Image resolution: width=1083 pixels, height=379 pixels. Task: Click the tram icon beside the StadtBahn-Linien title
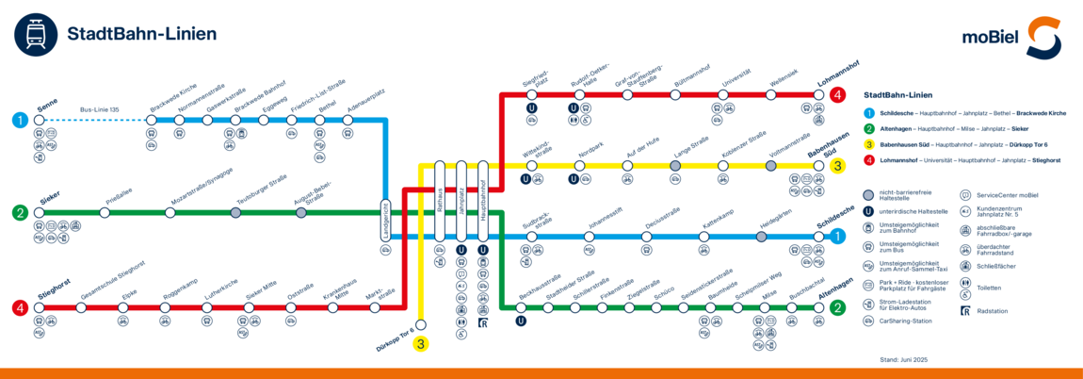[34, 35]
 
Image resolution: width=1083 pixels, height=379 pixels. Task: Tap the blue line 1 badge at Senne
[20, 120]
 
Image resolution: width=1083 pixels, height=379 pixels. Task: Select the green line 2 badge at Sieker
[20, 213]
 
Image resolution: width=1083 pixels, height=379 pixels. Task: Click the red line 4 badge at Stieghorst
[20, 307]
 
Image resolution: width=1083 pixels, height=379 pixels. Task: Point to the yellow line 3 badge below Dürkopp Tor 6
[421, 344]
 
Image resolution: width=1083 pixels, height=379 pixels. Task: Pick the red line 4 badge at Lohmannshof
[837, 94]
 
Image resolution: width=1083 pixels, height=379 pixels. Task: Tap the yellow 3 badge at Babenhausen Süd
[837, 166]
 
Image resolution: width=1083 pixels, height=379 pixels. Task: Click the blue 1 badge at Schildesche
[837, 236]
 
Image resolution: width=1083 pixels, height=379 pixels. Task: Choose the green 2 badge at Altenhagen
[837, 306]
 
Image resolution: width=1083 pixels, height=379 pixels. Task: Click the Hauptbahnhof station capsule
[483, 201]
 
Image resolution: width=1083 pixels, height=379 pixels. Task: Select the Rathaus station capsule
[439, 201]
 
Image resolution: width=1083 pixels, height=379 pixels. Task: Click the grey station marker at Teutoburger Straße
[235, 213]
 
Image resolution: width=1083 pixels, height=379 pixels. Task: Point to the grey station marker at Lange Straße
[675, 166]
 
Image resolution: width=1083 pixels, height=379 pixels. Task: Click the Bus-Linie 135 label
[99, 110]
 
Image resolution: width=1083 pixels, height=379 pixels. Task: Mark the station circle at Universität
[723, 94]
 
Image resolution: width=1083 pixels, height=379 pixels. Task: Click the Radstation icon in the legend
[964, 310]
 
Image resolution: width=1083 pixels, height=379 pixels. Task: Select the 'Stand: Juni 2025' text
[903, 359]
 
